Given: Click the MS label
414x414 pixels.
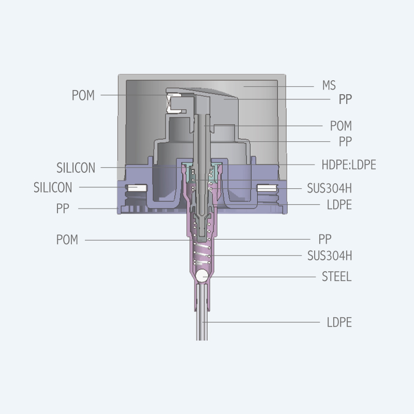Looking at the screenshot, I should click(x=329, y=85).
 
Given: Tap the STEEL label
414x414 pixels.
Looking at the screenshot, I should click(x=336, y=277).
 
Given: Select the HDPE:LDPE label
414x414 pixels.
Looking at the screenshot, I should click(x=348, y=165).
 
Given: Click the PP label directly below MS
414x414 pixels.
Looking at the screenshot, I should click(x=345, y=99).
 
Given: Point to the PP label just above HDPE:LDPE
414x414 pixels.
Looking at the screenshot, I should click(x=345, y=141).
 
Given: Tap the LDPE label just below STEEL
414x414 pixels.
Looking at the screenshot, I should click(x=339, y=322).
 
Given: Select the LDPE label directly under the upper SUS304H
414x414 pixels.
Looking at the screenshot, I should click(x=339, y=204).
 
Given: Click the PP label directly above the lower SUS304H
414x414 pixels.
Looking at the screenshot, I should click(x=325, y=239).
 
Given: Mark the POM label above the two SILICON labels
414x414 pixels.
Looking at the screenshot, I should click(x=83, y=95).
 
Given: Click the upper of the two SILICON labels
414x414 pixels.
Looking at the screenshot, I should click(x=76, y=168).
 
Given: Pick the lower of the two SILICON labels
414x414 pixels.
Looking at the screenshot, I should click(x=53, y=187).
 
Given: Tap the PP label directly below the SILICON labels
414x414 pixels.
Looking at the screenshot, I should click(x=63, y=209).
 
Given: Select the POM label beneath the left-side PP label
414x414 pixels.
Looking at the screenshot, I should click(x=67, y=240).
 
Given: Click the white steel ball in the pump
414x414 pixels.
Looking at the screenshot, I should click(x=202, y=277).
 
